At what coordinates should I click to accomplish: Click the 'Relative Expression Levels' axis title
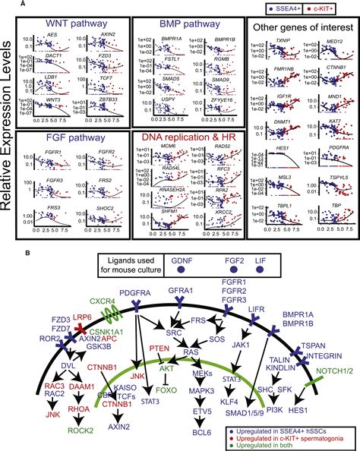[x=7, y=121]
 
